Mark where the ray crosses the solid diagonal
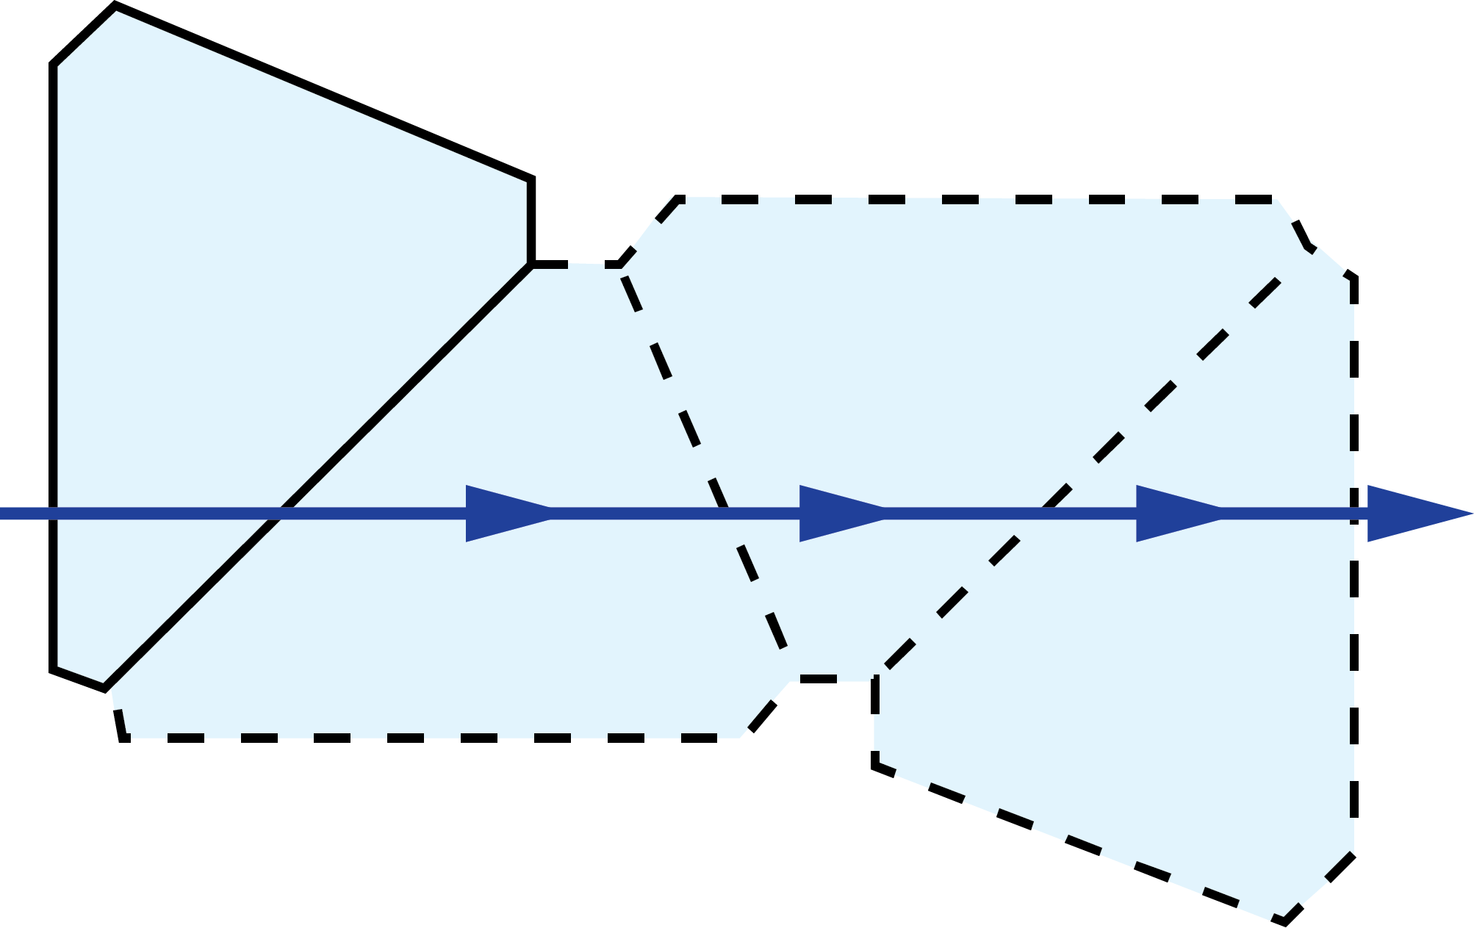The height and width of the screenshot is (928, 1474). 280,514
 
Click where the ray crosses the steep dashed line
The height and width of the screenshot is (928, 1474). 727,514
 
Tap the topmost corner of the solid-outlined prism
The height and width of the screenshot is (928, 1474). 116,11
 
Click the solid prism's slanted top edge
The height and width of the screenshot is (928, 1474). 323,97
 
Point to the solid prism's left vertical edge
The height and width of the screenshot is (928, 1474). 58,294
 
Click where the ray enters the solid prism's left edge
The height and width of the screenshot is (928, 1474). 58,514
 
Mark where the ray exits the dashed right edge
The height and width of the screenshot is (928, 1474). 1352,514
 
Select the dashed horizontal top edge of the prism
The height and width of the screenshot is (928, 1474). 977,200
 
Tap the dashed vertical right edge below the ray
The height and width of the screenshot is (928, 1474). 1352,698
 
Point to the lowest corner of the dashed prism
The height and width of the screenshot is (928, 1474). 1271,918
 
